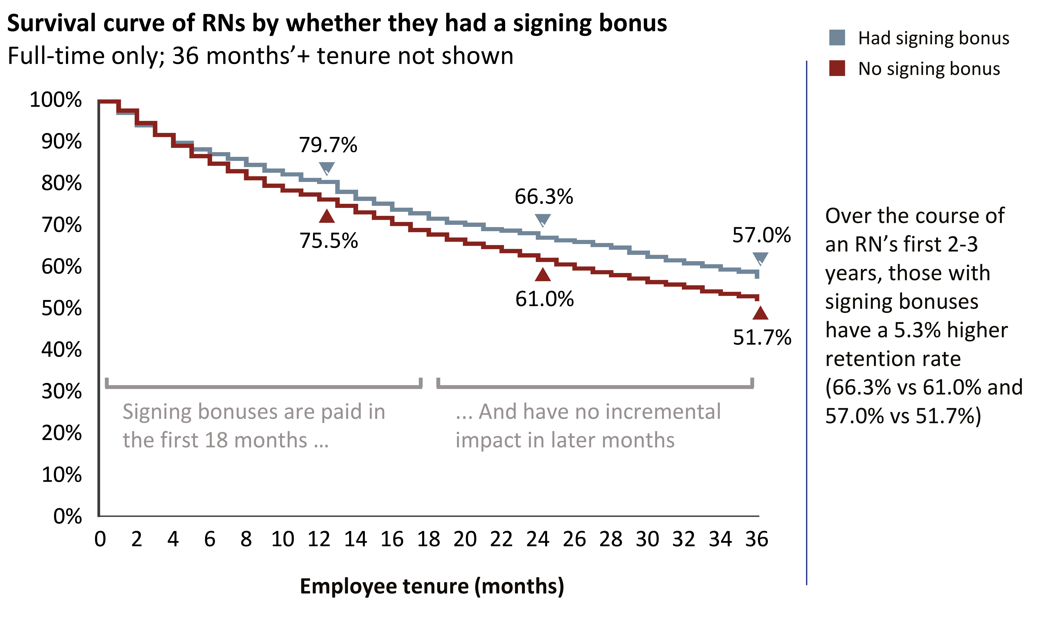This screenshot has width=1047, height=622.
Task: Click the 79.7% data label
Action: [328, 145]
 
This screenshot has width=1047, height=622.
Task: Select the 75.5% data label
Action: [328, 241]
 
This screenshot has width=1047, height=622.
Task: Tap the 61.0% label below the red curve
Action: [544, 299]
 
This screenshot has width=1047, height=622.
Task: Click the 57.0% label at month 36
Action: [761, 235]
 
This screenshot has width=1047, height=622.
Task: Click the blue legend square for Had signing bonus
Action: [837, 38]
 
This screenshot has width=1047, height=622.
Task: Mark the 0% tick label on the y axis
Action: [67, 516]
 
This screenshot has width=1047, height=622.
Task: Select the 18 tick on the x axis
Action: [429, 539]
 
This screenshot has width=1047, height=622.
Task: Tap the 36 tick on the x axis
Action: [756, 539]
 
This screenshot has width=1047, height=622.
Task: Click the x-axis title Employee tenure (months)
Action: [432, 586]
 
